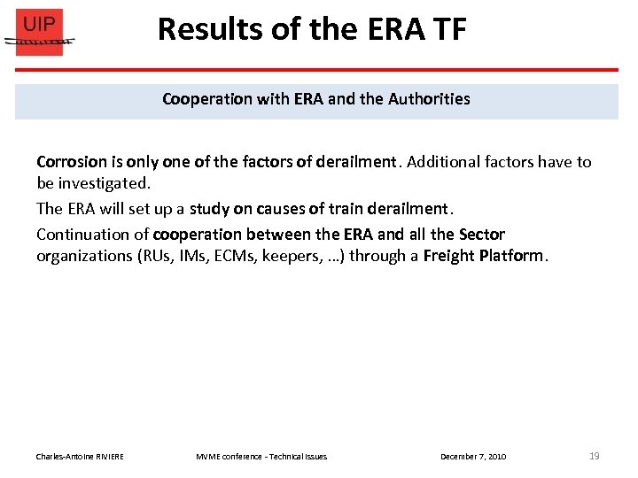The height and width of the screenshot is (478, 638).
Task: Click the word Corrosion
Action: click(x=67, y=162)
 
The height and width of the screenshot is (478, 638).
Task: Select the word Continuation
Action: click(x=92, y=235)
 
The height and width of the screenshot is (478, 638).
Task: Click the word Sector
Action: click(x=481, y=235)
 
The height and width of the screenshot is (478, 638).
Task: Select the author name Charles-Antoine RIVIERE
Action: click(x=80, y=457)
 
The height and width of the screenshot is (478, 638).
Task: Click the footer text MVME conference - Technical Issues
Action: click(x=261, y=457)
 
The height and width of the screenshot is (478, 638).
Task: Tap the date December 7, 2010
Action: click(x=473, y=457)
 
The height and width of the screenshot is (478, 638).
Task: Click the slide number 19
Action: click(x=594, y=456)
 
